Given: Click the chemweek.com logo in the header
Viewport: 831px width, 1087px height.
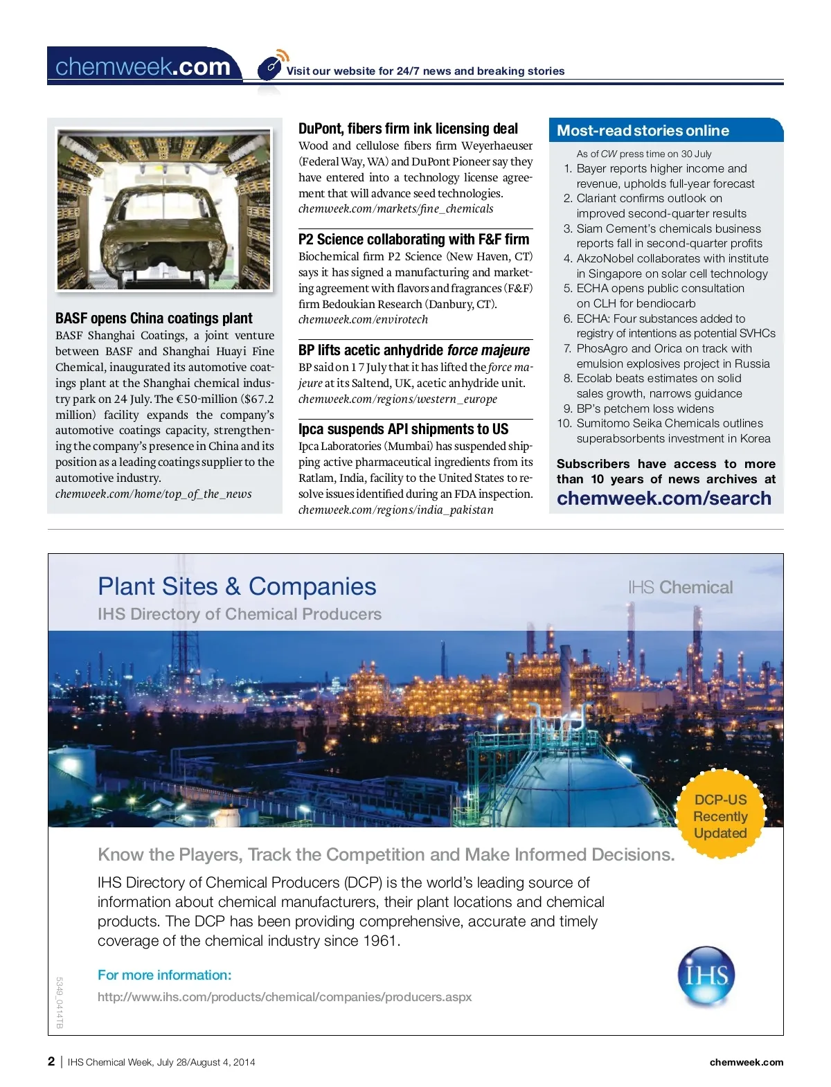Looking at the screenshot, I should coord(143,66).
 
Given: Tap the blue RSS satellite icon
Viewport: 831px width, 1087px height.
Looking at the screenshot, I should coord(271,65).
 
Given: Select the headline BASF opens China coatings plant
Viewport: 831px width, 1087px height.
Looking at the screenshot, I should coord(154,318).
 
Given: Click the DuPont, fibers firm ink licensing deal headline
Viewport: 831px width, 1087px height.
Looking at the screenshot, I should coord(408,129).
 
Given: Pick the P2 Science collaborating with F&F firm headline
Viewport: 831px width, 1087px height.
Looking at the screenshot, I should coord(413,240).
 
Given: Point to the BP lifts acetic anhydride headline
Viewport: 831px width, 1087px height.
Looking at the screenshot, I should coord(413,350).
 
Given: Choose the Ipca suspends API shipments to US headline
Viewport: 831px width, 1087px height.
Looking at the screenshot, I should coord(403,429).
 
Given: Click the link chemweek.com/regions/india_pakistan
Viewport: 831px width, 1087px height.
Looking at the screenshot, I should coord(395,510).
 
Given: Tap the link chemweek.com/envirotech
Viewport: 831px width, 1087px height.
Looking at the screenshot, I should coord(363,320).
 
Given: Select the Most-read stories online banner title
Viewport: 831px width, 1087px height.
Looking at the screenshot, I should coord(643,131).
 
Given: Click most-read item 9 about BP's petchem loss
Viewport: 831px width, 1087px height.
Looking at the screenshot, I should coord(645,408).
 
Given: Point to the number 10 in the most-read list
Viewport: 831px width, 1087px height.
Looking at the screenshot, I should coord(564,424).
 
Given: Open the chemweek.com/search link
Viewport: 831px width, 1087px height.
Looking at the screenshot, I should coord(663,498).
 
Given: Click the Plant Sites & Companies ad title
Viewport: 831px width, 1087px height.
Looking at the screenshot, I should coord(237,586).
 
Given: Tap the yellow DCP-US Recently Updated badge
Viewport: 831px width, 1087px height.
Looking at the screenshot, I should coord(720,816).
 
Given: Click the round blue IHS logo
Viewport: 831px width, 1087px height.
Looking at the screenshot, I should coord(706,976).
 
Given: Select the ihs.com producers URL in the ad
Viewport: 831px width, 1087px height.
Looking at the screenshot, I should coord(285,997).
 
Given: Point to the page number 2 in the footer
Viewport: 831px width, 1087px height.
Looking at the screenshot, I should coord(51,1061).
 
